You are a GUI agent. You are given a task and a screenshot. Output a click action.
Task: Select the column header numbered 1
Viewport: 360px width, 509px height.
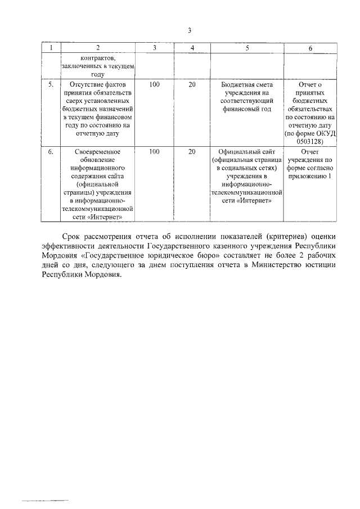tap(52, 48)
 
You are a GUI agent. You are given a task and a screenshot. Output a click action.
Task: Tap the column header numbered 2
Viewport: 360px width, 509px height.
tap(98, 48)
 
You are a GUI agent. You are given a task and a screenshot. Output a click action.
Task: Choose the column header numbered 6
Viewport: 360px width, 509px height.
tap(310, 48)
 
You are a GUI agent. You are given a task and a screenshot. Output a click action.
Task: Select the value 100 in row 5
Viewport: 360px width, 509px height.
tap(154, 84)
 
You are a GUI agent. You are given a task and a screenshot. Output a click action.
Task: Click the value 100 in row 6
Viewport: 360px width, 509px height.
tap(154, 152)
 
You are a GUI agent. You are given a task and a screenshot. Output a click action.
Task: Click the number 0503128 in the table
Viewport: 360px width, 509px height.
tap(310, 142)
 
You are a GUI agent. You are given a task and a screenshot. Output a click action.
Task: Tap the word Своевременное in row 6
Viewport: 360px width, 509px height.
tap(98, 152)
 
